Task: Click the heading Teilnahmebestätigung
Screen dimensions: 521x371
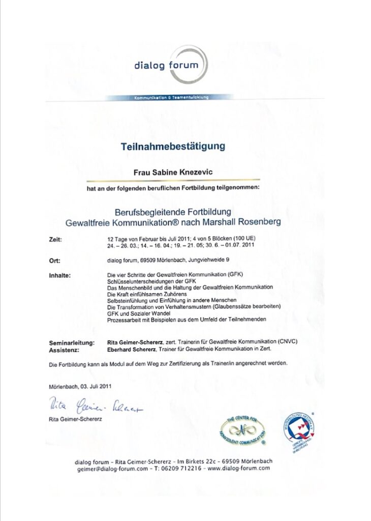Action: point(173,147)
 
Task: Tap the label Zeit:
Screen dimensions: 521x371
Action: point(56,238)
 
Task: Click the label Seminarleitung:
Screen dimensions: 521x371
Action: point(70,343)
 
